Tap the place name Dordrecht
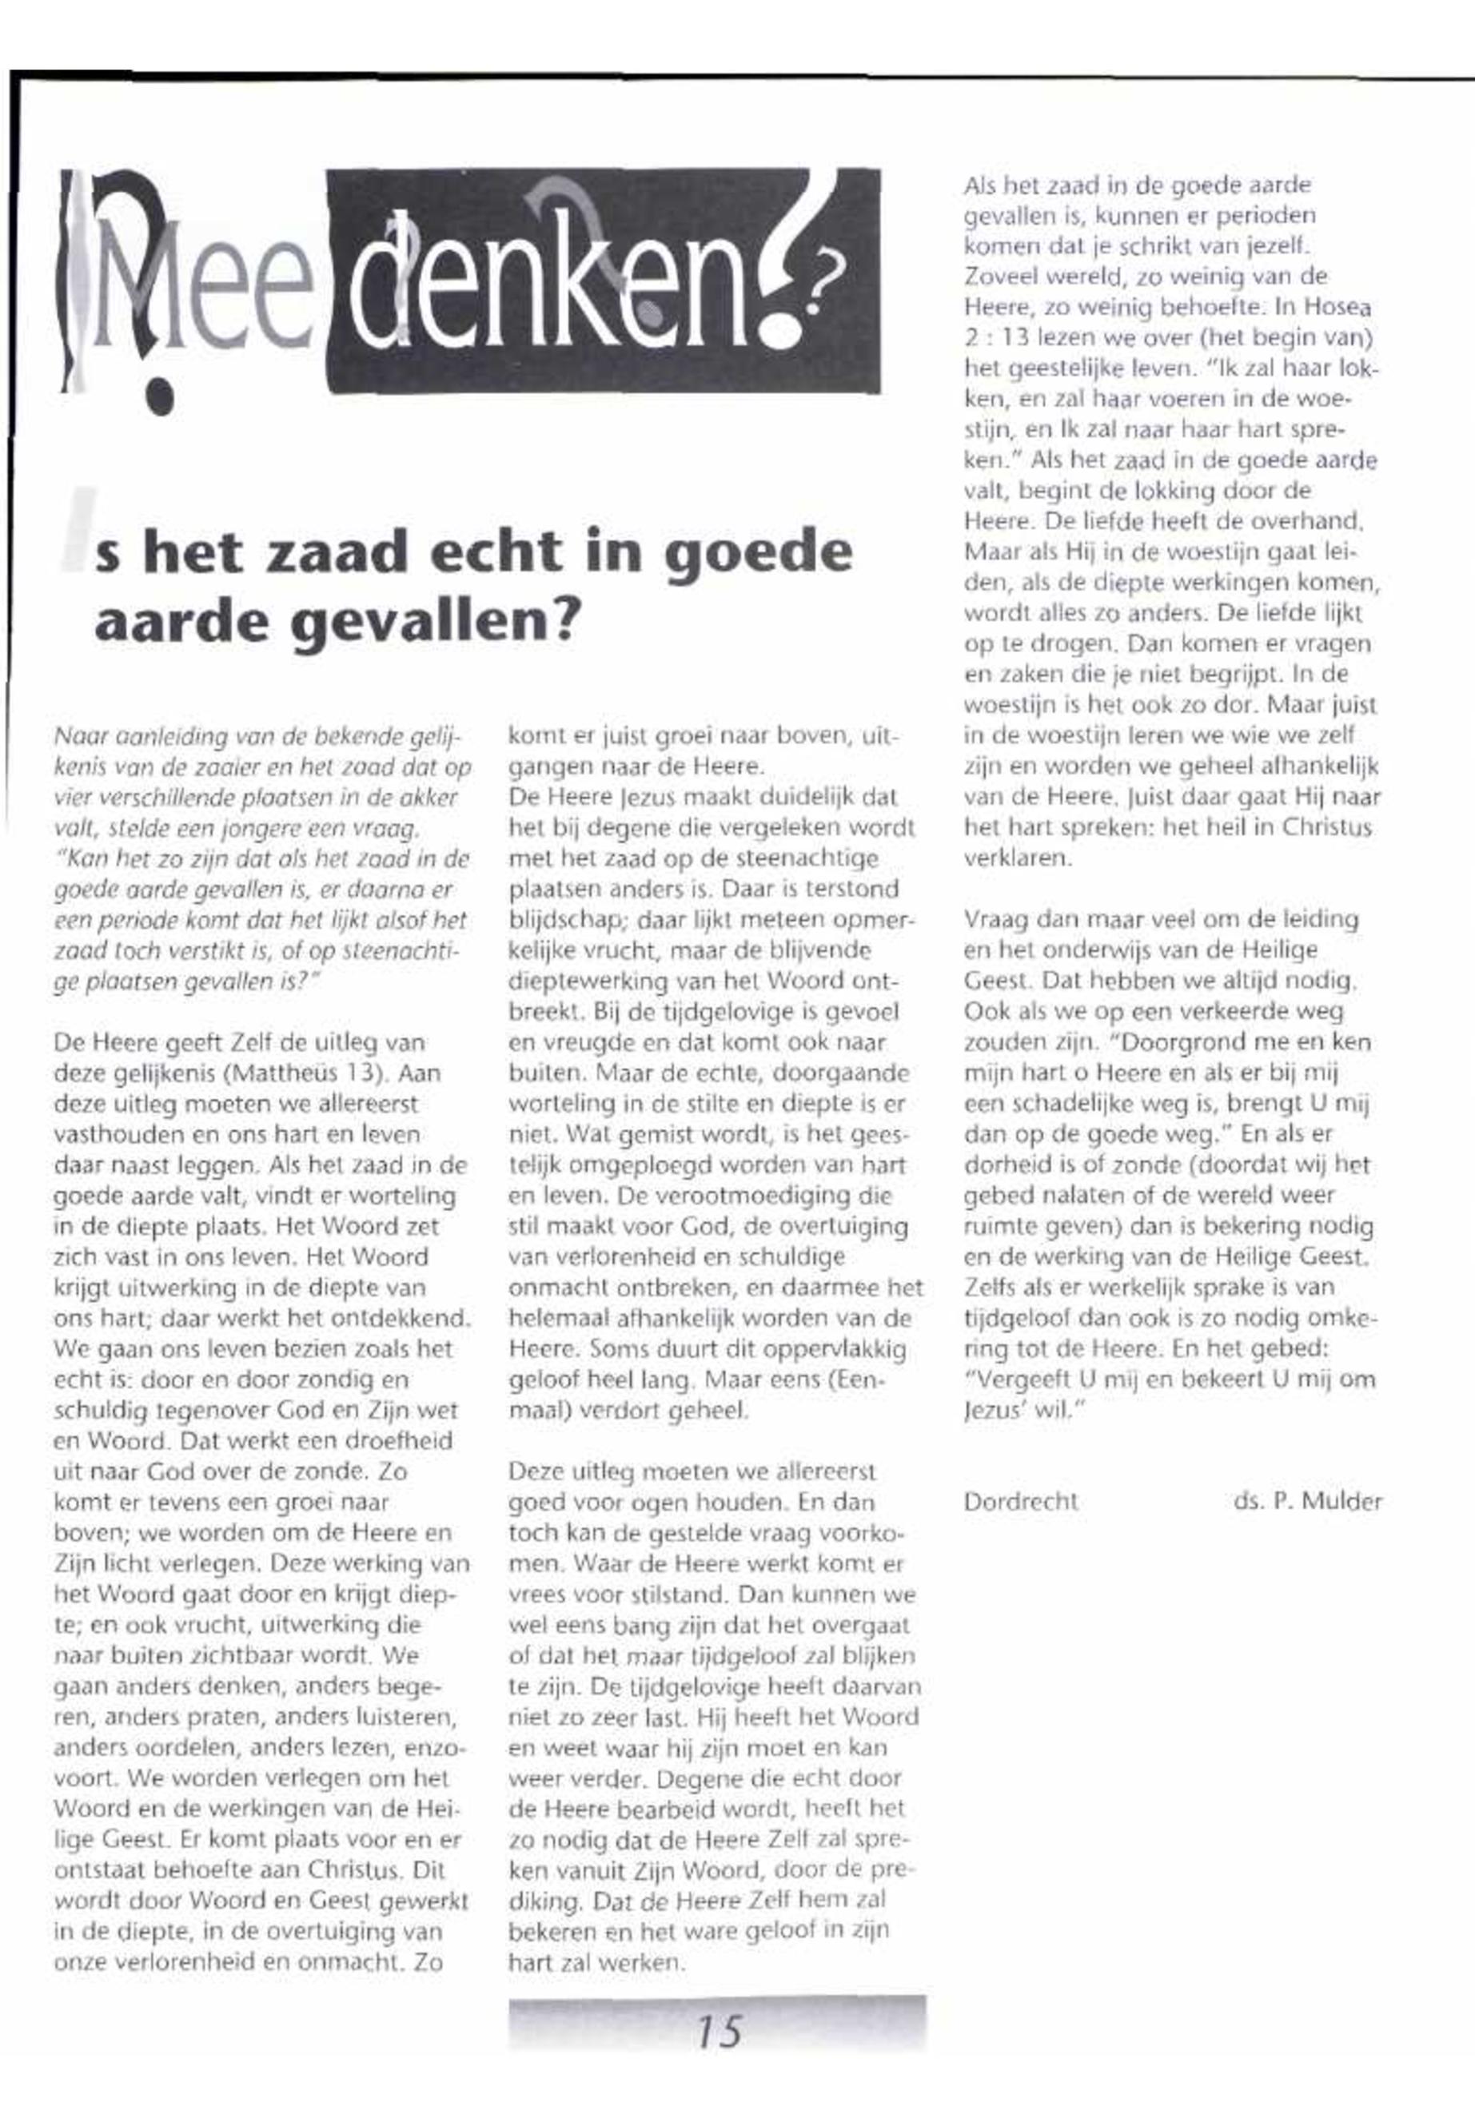coord(1020,1502)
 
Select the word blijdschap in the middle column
coord(563,920)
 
